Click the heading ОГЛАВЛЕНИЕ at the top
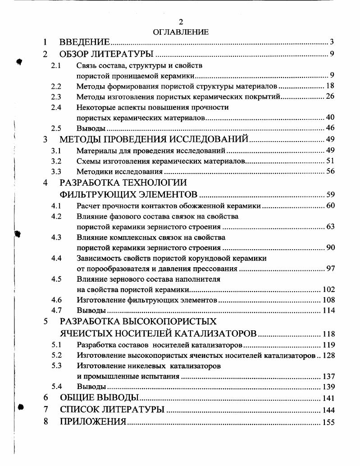(181, 32)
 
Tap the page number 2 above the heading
(181, 22)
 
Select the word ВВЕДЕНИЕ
(85, 43)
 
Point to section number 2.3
(56, 96)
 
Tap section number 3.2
(56, 161)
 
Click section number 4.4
(56, 258)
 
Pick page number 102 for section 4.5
(328, 290)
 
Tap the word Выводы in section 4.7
(91, 311)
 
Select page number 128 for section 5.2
(328, 356)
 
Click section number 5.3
(56, 365)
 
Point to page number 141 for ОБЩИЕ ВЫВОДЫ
(328, 398)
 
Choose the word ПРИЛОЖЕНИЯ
(93, 422)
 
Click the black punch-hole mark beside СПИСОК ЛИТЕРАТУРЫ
(21, 407)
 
